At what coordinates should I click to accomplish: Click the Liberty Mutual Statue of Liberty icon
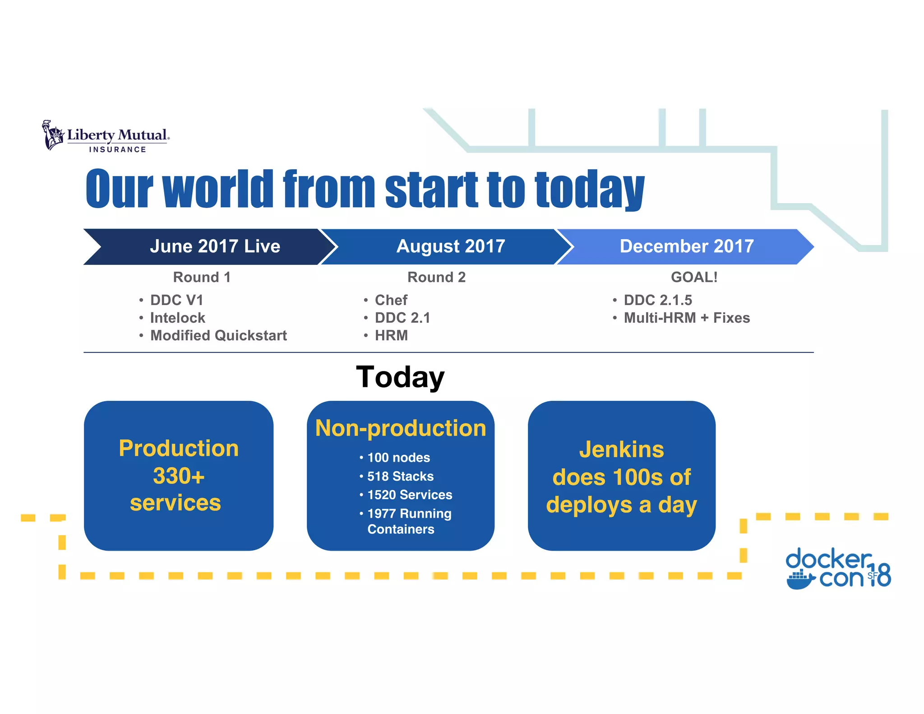(53, 135)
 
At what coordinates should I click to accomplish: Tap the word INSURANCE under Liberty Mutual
(117, 149)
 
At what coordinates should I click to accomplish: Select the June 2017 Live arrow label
(215, 246)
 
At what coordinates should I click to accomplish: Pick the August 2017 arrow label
(450, 246)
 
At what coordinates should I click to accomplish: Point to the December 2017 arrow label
(686, 246)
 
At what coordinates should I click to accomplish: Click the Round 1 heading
(202, 277)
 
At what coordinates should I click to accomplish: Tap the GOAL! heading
(694, 277)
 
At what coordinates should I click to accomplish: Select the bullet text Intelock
(177, 318)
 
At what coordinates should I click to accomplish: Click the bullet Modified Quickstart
(218, 335)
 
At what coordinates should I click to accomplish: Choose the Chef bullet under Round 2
(391, 300)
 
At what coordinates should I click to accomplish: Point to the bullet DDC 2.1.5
(657, 300)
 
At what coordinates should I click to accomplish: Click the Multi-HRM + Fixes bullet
(686, 318)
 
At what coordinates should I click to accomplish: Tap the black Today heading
(400, 377)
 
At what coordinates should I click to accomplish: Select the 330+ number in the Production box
(179, 476)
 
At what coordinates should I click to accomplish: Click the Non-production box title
(401, 428)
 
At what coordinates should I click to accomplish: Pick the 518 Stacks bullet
(400, 476)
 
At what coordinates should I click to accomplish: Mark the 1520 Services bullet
(409, 495)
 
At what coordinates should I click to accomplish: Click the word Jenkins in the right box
(621, 450)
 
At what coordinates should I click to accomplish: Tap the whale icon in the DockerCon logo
(799, 580)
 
